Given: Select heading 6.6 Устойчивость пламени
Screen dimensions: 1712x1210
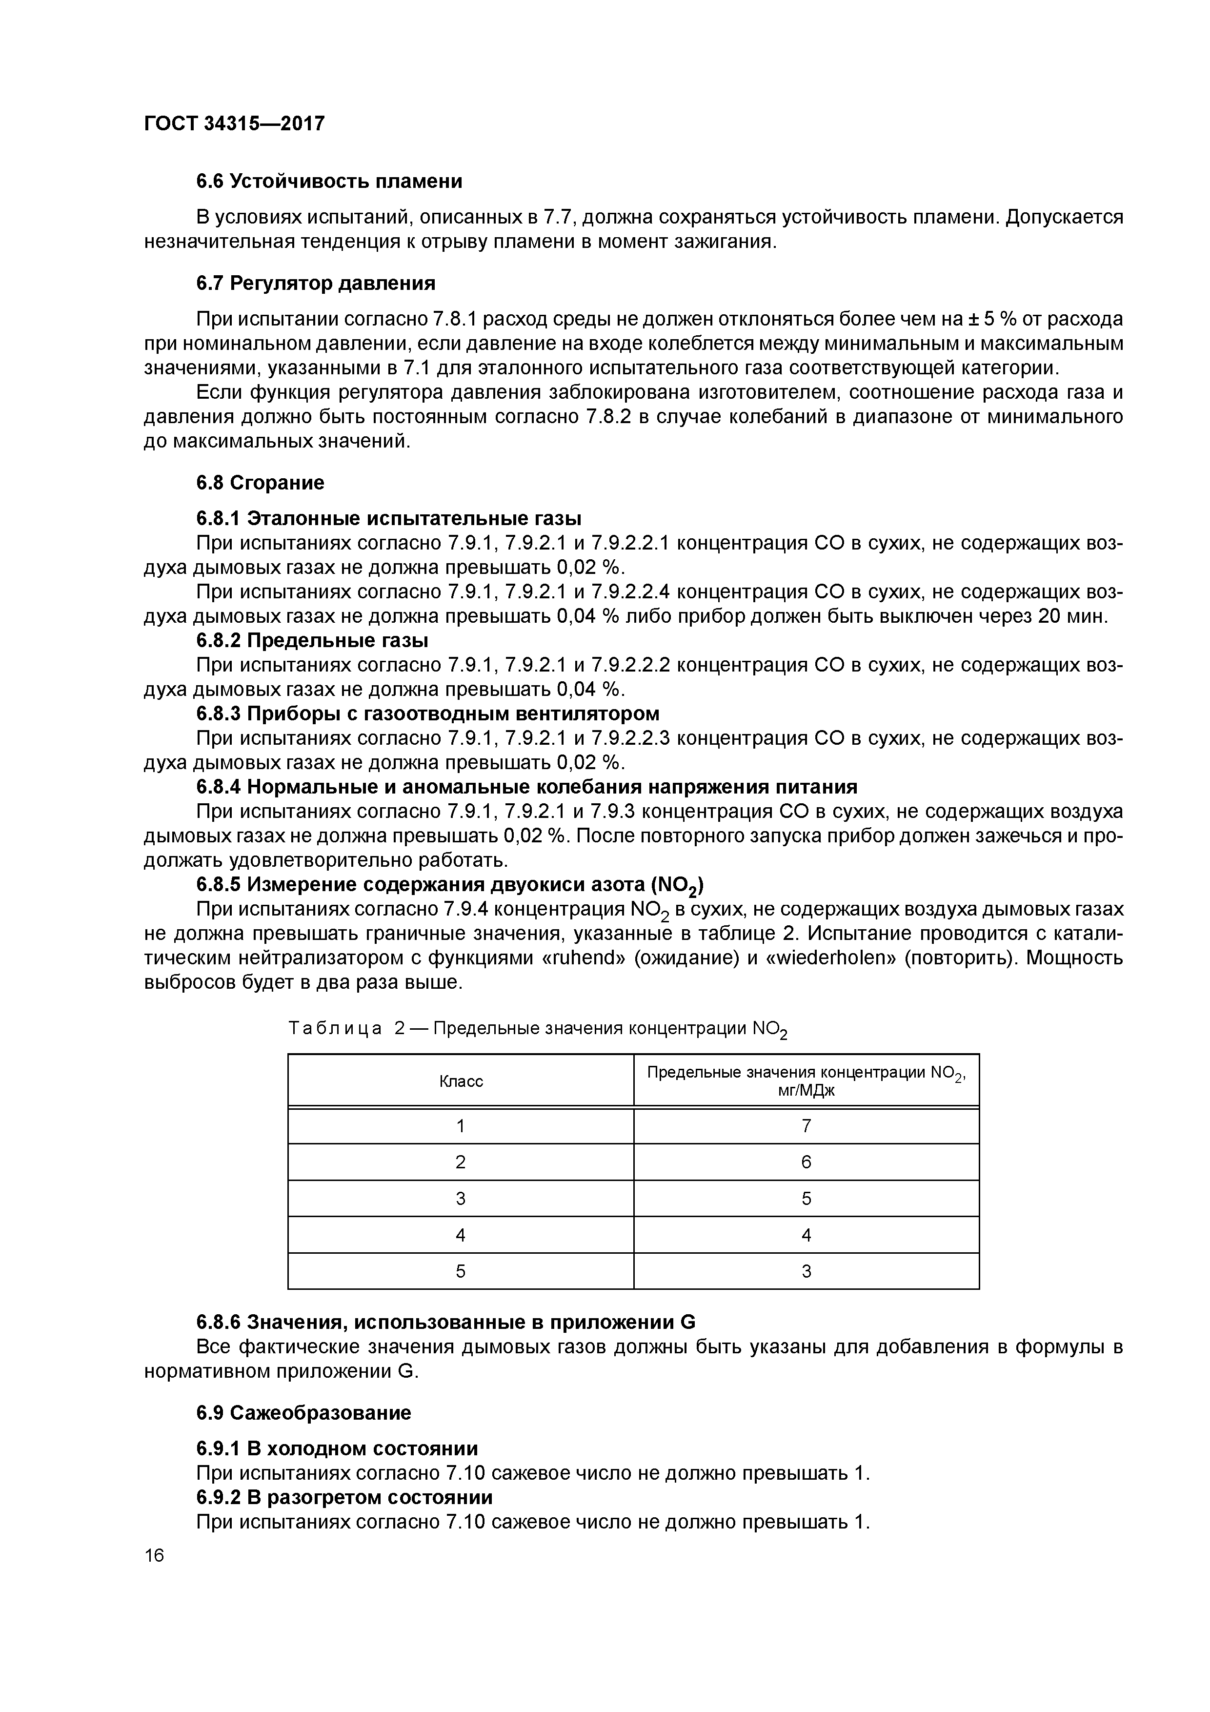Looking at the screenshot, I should pyautogui.click(x=329, y=181).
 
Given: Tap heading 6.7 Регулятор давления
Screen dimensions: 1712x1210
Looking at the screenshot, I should pyautogui.click(x=315, y=284).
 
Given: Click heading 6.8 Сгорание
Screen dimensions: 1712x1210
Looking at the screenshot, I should pyautogui.click(x=260, y=483).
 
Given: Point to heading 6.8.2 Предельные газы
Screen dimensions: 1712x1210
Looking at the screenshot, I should pyautogui.click(x=312, y=640).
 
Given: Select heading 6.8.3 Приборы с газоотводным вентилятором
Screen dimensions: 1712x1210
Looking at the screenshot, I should pyautogui.click(x=427, y=713).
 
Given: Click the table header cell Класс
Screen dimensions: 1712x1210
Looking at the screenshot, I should pyautogui.click(x=460, y=1081).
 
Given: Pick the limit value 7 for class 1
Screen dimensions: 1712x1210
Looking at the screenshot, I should pyautogui.click(x=806, y=1126).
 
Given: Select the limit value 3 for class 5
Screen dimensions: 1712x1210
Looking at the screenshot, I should pyautogui.click(x=806, y=1271).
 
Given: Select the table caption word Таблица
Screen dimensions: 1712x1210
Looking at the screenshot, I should pyautogui.click(x=335, y=1028).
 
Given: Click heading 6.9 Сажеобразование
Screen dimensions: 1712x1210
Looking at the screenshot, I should pyautogui.click(x=303, y=1413).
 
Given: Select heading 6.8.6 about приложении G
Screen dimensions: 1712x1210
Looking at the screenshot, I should pyautogui.click(x=445, y=1323).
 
